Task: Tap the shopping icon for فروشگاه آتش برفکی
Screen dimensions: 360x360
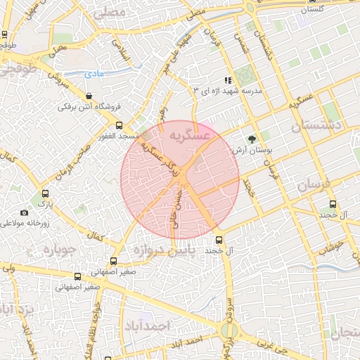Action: click(x=88, y=96)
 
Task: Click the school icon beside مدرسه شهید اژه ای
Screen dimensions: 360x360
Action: click(x=226, y=80)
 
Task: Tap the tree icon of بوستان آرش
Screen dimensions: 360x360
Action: click(x=252, y=139)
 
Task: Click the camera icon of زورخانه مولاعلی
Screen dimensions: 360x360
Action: click(x=25, y=212)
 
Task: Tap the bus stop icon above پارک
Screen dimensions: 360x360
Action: click(x=46, y=193)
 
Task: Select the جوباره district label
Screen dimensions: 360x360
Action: click(x=59, y=250)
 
